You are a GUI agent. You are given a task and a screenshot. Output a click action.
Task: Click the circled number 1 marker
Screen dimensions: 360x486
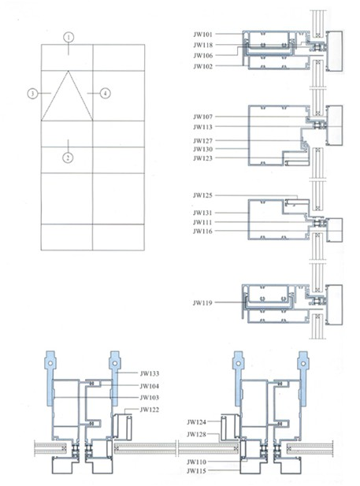click(69, 38)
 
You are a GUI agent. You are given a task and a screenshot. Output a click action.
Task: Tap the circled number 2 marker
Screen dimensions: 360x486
click(68, 158)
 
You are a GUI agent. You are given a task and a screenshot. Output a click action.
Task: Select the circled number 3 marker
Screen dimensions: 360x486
click(32, 93)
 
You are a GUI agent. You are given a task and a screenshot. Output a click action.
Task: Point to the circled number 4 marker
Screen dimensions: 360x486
click(105, 93)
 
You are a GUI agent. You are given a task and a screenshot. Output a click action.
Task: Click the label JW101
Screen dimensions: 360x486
click(202, 35)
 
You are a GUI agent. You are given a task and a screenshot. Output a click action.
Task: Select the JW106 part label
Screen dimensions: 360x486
click(202, 56)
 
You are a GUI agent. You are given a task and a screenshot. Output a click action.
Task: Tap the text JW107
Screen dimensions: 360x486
click(202, 117)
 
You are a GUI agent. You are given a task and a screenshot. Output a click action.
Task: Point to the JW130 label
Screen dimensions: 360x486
click(202, 150)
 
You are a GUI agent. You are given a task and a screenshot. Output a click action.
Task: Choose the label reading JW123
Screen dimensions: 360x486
click(202, 158)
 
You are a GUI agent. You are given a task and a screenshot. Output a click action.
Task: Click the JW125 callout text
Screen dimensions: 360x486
click(202, 195)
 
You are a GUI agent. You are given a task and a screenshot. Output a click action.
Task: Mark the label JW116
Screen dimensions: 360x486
click(202, 232)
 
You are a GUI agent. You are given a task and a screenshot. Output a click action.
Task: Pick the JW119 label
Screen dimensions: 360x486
click(202, 302)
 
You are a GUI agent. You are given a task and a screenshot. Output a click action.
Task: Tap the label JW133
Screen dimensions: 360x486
click(150, 373)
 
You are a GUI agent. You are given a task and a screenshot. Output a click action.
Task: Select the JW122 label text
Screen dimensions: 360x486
click(150, 410)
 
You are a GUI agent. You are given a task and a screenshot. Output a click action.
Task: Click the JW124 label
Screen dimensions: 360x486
click(196, 422)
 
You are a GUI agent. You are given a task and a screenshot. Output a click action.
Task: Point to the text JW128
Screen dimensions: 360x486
click(196, 435)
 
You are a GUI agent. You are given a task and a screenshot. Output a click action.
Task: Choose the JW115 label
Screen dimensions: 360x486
click(196, 471)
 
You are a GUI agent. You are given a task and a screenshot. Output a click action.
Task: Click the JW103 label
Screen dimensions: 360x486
click(150, 398)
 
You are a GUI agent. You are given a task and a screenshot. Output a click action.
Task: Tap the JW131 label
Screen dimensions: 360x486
click(202, 213)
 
